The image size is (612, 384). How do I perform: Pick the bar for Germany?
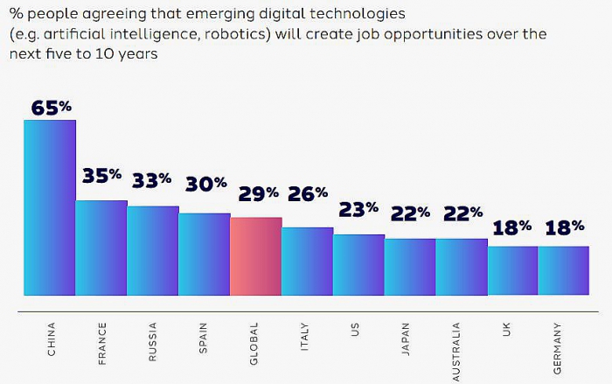point(563,270)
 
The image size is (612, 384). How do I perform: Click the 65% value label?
point(52,108)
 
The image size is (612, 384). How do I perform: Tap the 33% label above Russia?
point(152,181)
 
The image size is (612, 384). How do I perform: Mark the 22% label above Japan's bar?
point(410,212)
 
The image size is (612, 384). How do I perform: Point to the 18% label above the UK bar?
point(512,227)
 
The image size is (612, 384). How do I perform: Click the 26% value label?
point(307,192)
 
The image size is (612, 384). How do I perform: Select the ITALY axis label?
point(306,338)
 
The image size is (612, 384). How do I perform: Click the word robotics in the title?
point(241,35)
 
